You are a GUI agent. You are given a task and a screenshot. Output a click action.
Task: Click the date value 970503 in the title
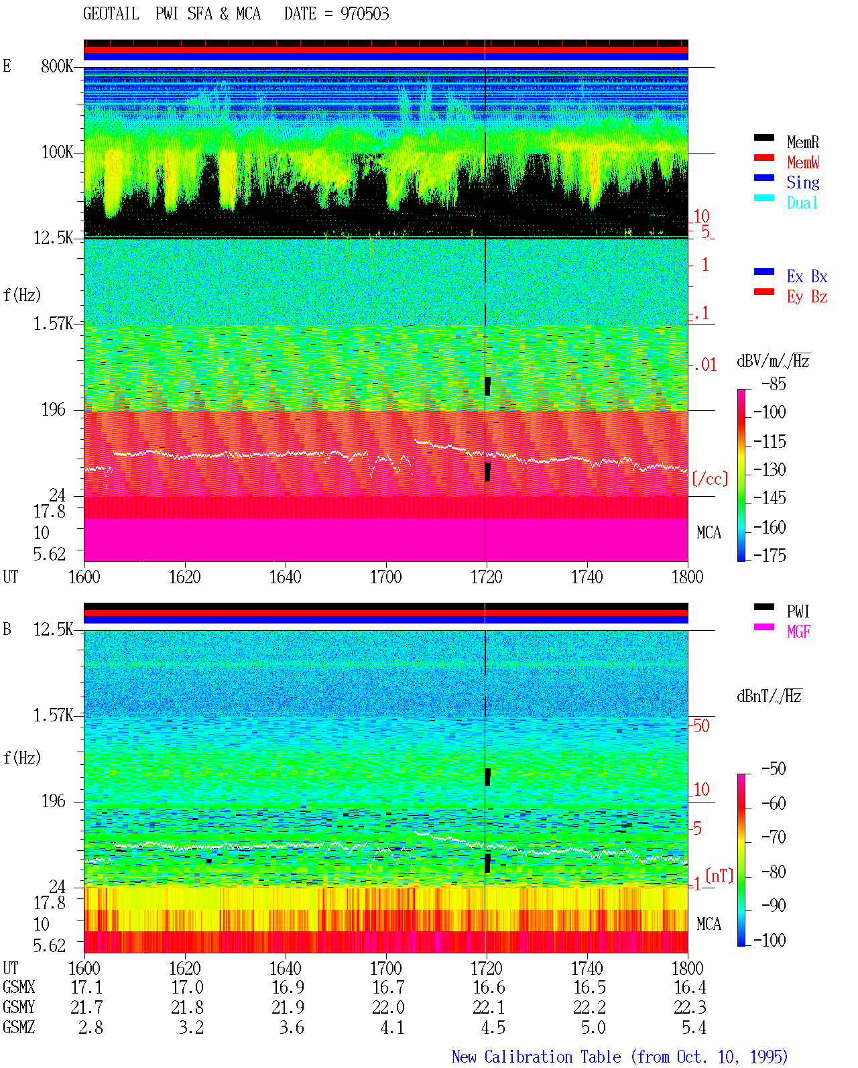364,14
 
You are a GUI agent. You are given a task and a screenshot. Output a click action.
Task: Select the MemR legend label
802,142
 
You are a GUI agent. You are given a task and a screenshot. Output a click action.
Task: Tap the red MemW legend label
803,162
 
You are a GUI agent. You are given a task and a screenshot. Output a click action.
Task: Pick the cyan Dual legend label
802,202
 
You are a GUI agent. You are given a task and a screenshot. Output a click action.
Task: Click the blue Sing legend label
802,182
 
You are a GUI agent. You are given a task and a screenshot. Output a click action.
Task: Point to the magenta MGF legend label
798,632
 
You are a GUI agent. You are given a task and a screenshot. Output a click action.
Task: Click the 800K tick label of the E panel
57,66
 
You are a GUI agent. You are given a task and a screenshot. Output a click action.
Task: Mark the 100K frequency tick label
57,152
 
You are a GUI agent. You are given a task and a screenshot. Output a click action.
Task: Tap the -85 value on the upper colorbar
774,383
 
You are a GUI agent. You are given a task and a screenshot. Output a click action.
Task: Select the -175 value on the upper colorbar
770,555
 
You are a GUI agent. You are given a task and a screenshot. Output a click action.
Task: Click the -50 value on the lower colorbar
774,769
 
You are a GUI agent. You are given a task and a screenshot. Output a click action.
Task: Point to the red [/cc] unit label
710,479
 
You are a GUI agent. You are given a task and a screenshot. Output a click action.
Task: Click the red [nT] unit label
719,875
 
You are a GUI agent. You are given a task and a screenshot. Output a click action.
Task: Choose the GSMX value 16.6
489,988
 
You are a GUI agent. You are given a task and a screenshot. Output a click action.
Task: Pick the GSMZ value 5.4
694,1028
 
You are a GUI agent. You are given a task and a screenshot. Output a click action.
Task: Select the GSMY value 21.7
87,1008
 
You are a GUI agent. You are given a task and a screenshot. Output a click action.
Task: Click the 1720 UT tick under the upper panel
487,577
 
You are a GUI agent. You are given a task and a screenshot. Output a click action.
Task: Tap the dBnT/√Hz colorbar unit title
770,696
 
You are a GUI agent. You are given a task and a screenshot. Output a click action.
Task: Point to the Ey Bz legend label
807,297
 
